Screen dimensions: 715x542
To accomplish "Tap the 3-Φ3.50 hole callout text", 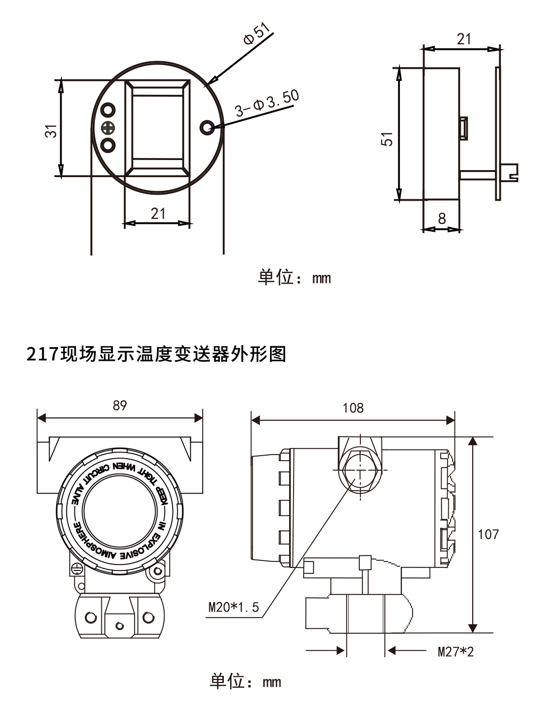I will click(x=267, y=104).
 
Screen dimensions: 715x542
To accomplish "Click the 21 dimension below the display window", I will click(x=158, y=213).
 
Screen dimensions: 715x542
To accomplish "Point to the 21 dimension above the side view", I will click(x=464, y=39).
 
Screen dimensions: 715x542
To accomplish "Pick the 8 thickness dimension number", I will click(x=442, y=218).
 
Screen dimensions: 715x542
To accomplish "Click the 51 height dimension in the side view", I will click(x=387, y=138).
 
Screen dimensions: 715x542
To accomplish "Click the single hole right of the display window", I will click(x=207, y=127).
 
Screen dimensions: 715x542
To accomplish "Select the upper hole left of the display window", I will click(x=107, y=110).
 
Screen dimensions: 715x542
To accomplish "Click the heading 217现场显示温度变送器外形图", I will click(x=156, y=354).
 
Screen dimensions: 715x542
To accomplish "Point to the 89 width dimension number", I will click(x=119, y=405).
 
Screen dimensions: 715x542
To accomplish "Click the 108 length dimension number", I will click(x=353, y=407).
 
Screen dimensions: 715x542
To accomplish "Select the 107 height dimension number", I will click(x=488, y=534).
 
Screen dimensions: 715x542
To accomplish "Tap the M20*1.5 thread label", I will click(x=234, y=608).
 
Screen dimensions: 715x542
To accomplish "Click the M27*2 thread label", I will click(x=455, y=652).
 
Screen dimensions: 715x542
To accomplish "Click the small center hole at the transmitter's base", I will click(x=119, y=626).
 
